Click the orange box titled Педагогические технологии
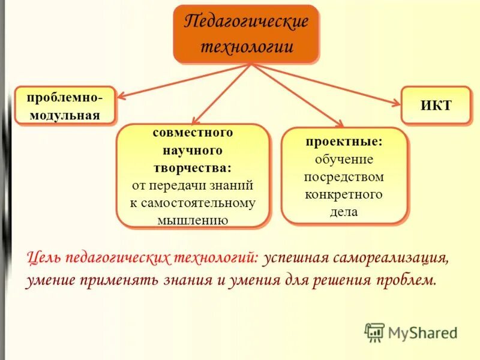[x=245, y=34]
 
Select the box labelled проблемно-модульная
[x=65, y=105]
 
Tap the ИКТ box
[x=436, y=105]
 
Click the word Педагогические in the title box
[x=246, y=22]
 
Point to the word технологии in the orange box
[x=246, y=46]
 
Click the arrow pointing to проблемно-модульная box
[x=180, y=80]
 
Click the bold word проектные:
[x=344, y=142]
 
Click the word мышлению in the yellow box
[x=193, y=220]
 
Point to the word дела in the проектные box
[x=344, y=212]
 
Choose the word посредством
[x=344, y=177]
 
